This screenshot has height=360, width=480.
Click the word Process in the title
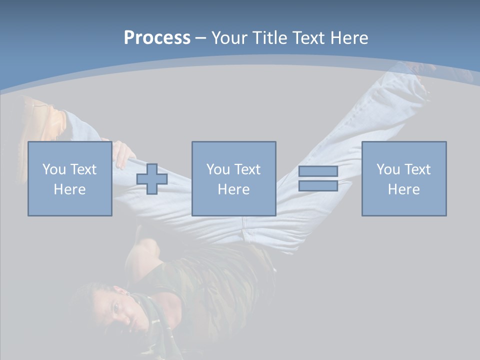[157, 38]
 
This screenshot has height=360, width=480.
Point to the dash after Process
[200, 38]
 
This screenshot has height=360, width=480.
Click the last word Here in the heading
[348, 38]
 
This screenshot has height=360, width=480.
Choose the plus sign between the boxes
[152, 179]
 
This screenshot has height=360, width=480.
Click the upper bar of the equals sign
[318, 171]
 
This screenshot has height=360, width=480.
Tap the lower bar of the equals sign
[318, 186]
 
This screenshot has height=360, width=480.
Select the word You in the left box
[54, 169]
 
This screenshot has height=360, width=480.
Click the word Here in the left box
[69, 189]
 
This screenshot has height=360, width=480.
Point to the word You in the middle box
[218, 169]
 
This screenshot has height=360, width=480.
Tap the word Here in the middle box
[233, 189]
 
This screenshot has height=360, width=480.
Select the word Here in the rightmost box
[403, 189]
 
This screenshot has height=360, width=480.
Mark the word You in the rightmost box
[388, 169]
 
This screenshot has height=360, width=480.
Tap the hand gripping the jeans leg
[122, 154]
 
